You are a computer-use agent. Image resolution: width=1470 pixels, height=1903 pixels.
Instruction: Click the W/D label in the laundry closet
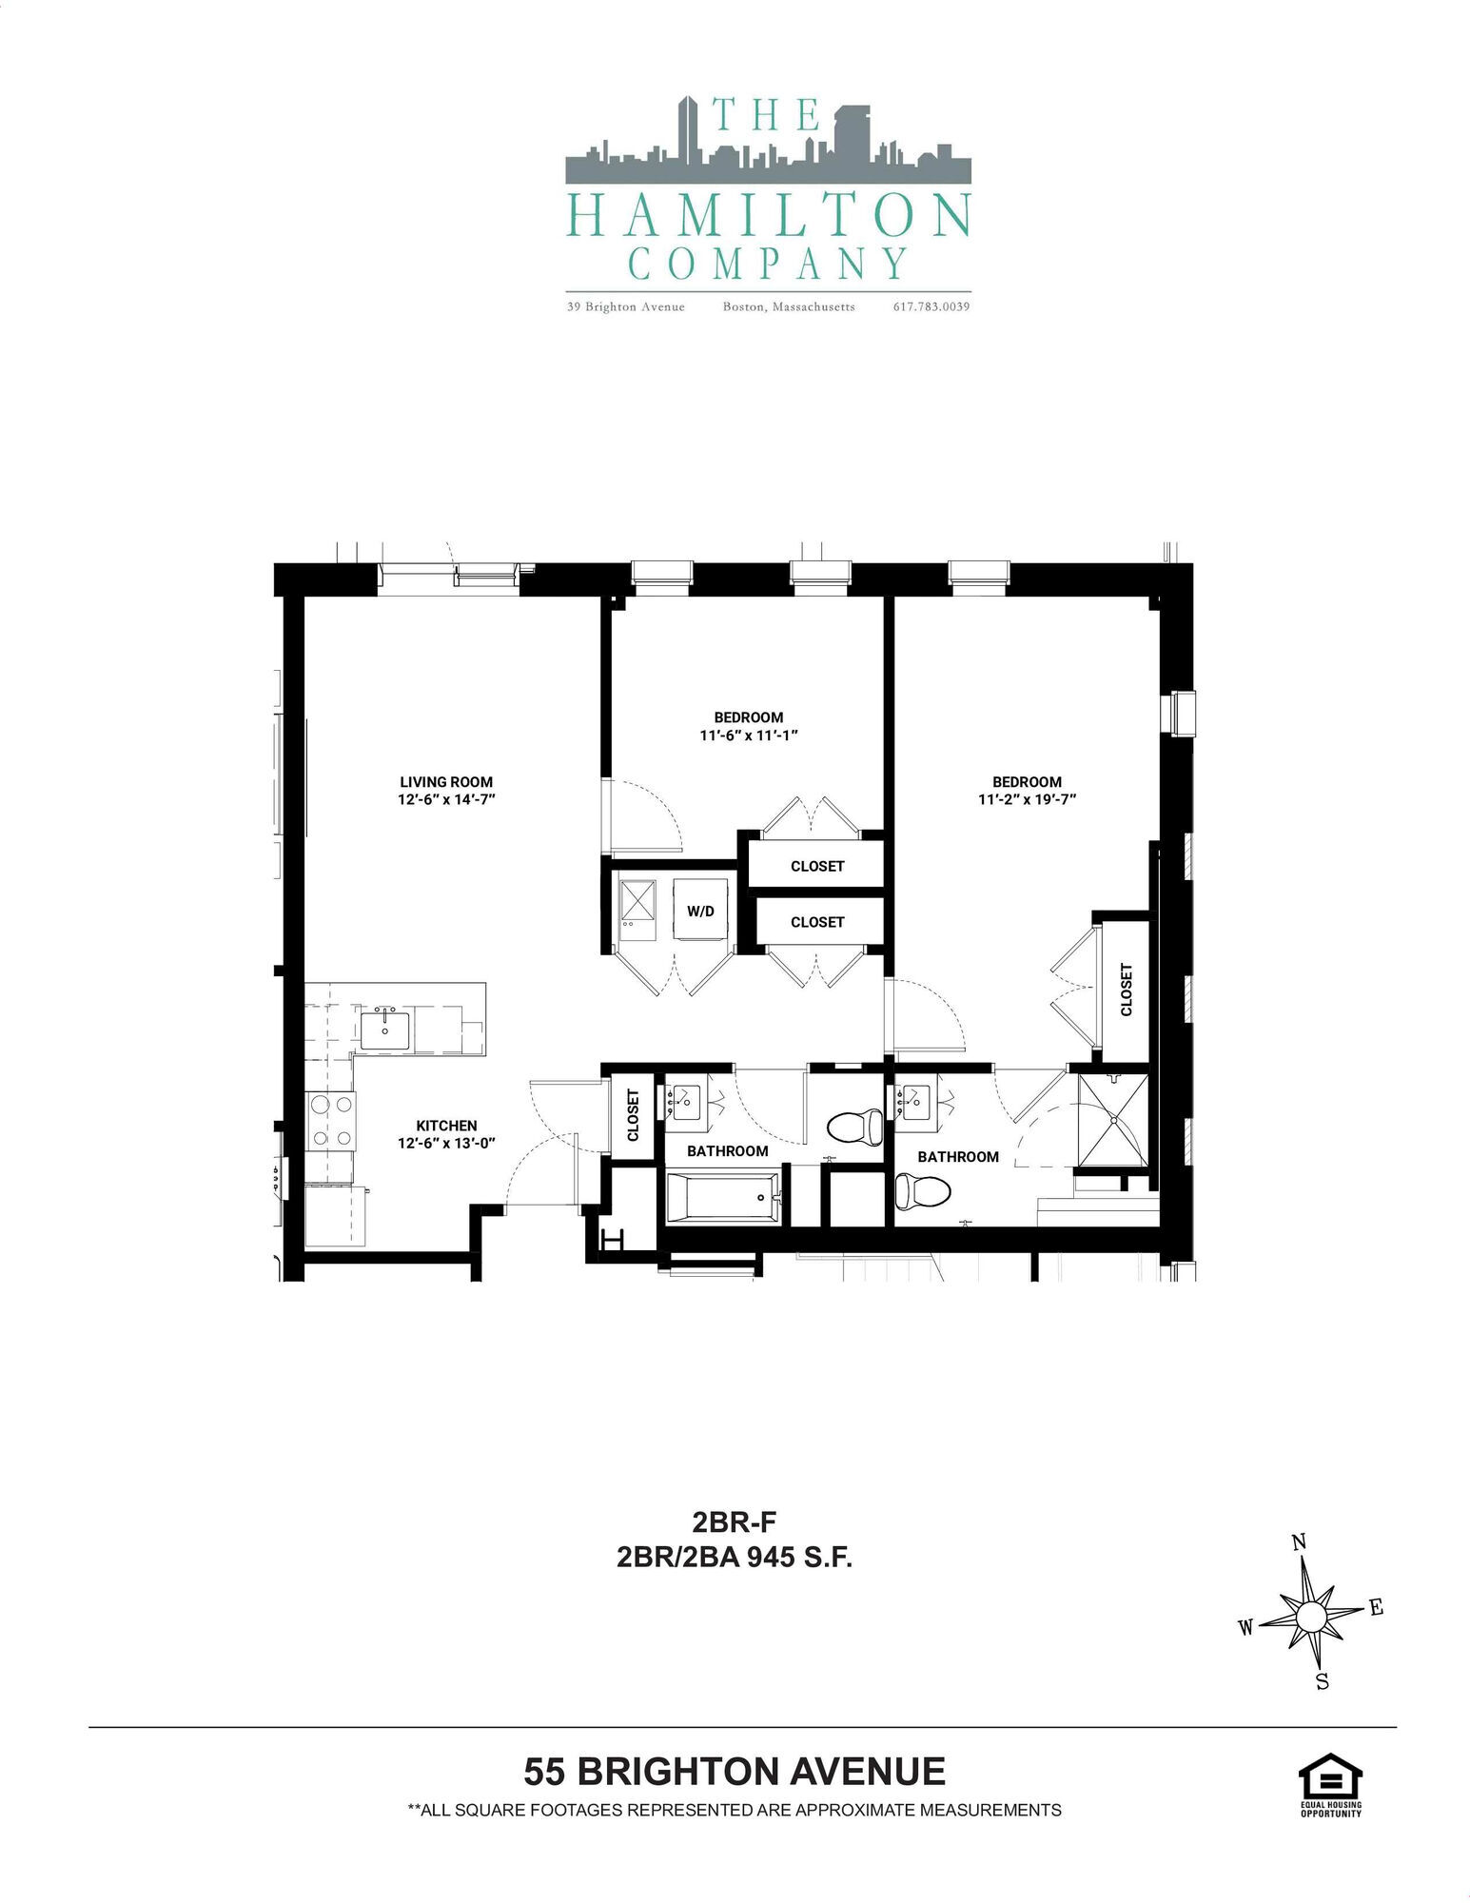pyautogui.click(x=700, y=911)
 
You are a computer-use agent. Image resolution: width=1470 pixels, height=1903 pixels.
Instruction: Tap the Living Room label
pyautogui.click(x=446, y=782)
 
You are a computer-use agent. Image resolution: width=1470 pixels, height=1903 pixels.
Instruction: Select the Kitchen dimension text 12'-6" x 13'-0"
pyautogui.click(x=446, y=1144)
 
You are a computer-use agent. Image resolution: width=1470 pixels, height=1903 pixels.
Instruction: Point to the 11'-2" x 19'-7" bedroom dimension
pyautogui.click(x=1027, y=800)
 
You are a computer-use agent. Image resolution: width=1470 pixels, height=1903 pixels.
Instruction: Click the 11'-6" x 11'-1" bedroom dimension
pyautogui.click(x=748, y=736)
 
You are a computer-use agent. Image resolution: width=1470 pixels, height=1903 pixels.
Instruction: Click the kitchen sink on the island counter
pyautogui.click(x=384, y=1030)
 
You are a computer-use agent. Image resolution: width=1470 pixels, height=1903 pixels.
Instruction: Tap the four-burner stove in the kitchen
pyautogui.click(x=330, y=1121)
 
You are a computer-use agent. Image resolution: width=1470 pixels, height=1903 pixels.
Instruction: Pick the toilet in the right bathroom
pyautogui.click(x=923, y=1189)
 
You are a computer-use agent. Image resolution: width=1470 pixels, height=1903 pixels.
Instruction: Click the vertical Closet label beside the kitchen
pyautogui.click(x=633, y=1114)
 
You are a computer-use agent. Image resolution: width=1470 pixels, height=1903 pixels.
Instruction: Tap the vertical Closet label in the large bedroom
pyautogui.click(x=1127, y=990)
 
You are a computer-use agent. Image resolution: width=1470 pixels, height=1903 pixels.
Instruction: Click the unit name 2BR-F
pyautogui.click(x=734, y=1523)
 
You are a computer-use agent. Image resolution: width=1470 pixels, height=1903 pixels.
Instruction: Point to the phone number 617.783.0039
pyautogui.click(x=931, y=306)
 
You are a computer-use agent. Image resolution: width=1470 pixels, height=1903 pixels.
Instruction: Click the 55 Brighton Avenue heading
pyautogui.click(x=735, y=1772)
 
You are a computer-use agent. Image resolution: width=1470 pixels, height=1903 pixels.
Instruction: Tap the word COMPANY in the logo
pyautogui.click(x=768, y=264)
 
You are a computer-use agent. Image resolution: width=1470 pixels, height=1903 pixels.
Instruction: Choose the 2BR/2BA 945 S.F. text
pyautogui.click(x=734, y=1558)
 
